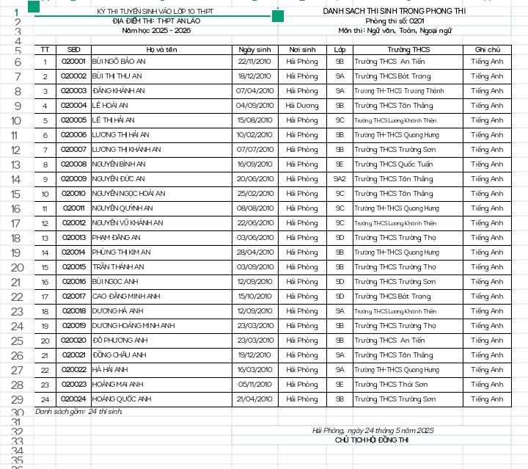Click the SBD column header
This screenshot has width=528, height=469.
pos(73,49)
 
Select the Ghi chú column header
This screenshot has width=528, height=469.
pos(487,49)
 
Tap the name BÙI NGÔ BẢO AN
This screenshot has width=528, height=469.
pos(120,62)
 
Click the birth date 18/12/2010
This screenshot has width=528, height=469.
pos(254,76)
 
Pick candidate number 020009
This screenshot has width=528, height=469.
pos(73,179)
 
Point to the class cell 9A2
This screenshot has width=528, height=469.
pos(340,179)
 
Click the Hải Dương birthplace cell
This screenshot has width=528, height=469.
pos(302,106)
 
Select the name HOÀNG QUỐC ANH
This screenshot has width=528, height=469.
pos(122,399)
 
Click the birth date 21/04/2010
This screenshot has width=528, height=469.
pos(254,399)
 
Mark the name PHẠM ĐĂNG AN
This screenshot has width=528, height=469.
pos(117,238)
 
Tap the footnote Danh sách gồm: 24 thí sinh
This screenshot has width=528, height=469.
pos(79,412)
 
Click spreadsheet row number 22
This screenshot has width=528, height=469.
pos(16,297)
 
